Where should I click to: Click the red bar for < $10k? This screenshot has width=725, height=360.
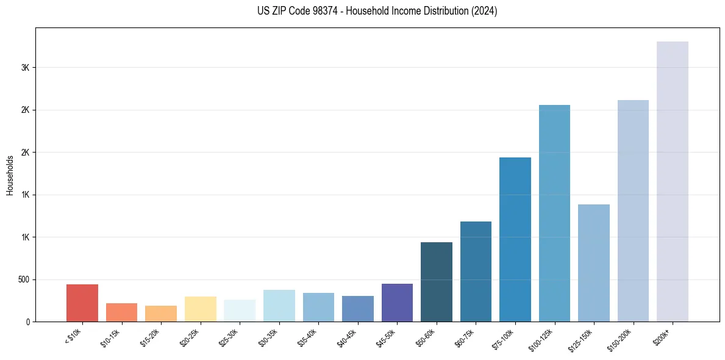pos(82,303)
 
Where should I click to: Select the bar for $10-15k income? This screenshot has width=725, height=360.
pos(121,312)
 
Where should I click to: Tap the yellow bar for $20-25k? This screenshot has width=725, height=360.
pos(201,309)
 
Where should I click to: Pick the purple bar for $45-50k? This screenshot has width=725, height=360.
pos(397,303)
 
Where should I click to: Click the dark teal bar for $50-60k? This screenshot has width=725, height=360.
pos(437,282)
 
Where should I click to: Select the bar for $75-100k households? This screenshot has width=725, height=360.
pos(515,239)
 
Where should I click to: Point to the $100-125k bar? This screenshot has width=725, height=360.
pos(554,213)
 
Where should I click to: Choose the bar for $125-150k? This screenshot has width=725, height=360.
pos(594,263)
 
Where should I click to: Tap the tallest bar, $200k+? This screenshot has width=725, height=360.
pos(673,181)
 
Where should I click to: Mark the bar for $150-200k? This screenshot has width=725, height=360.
pos(633,211)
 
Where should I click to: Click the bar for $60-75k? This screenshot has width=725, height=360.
pos(476,272)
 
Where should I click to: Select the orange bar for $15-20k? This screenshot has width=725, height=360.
pos(161,314)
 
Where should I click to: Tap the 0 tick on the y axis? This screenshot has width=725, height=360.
pos(28,322)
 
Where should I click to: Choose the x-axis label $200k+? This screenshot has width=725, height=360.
pos(664,337)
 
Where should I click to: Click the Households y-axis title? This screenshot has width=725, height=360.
pos(10,175)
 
